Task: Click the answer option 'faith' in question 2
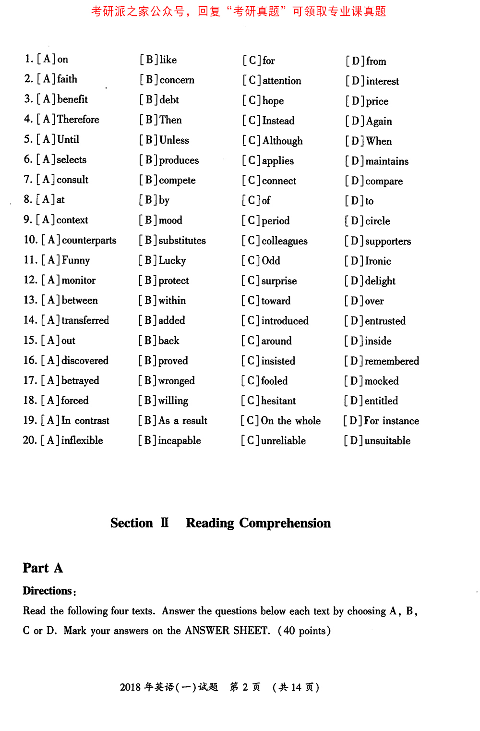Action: click(67, 79)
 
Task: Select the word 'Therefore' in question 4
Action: click(78, 119)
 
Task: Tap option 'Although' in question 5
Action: click(282, 141)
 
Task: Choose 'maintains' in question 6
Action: click(387, 161)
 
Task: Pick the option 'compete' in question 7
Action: click(177, 181)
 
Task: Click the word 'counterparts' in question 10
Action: click(89, 240)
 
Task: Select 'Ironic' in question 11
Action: click(378, 261)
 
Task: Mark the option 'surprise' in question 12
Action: click(279, 281)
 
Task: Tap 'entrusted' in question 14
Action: click(385, 321)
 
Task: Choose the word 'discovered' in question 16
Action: click(85, 361)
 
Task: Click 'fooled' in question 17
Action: click(274, 381)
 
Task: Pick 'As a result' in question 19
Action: click(183, 421)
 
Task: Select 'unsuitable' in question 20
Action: click(387, 441)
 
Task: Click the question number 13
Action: click(30, 300)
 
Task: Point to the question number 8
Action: click(28, 199)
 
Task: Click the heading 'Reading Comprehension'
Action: click(258, 523)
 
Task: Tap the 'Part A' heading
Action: click(43, 568)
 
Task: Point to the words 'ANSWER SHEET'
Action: click(228, 631)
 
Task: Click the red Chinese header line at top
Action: click(239, 12)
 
